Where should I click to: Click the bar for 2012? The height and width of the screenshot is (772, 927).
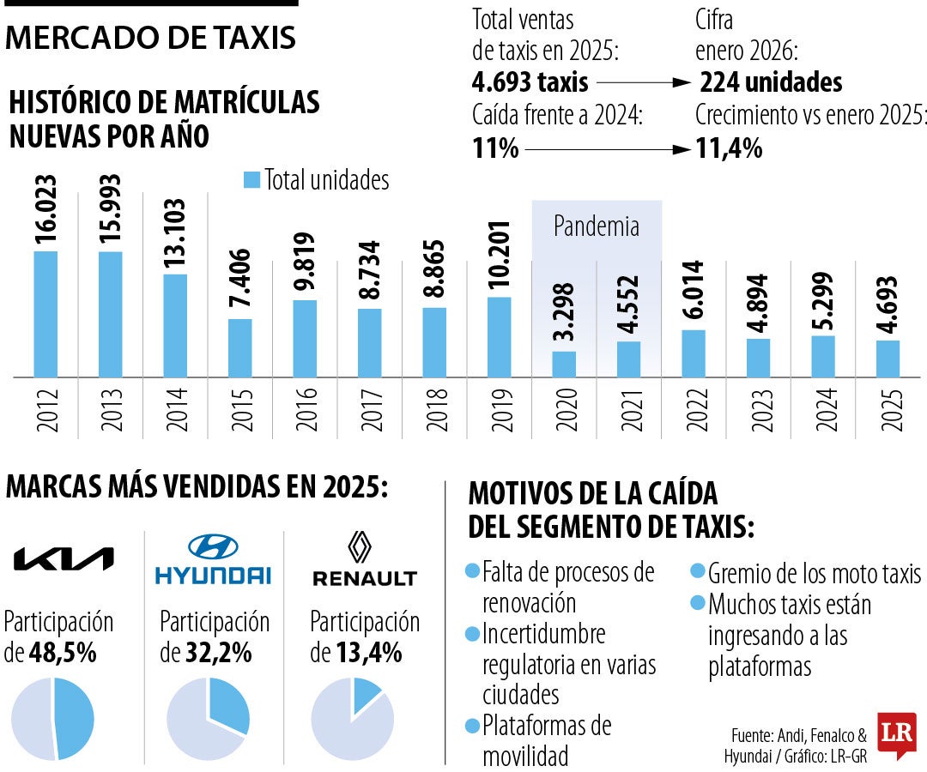click(x=45, y=314)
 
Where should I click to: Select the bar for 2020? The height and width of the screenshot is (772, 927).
click(x=564, y=364)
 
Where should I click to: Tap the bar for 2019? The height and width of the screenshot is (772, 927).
click(x=500, y=337)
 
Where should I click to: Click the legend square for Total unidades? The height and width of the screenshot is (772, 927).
click(x=251, y=180)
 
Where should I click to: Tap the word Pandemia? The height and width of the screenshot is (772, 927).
click(x=597, y=226)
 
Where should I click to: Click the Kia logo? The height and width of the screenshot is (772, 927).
click(x=64, y=559)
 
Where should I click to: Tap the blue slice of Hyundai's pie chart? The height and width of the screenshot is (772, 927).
click(x=228, y=702)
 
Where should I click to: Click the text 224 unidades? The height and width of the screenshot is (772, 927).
click(x=771, y=82)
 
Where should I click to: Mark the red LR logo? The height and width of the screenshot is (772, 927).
click(x=896, y=734)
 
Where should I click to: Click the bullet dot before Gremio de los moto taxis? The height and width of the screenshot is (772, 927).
click(x=699, y=572)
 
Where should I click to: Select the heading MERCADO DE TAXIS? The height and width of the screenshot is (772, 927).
click(x=151, y=38)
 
